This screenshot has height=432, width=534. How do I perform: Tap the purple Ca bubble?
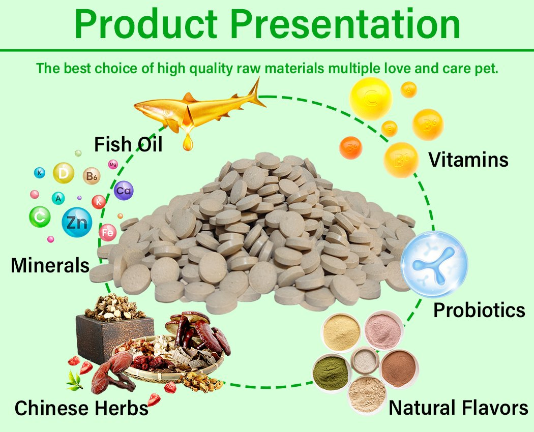point(124,191)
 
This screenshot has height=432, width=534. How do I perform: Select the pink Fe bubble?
point(107,233)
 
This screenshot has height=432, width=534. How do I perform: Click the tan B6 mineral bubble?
point(92,176)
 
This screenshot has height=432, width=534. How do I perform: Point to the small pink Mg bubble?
point(113,164)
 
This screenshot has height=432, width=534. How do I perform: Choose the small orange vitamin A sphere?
point(408,90)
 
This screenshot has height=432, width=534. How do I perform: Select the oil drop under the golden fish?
point(189,142)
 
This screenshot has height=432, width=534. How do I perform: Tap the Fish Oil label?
point(128,144)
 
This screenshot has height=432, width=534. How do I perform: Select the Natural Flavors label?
point(458,408)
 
